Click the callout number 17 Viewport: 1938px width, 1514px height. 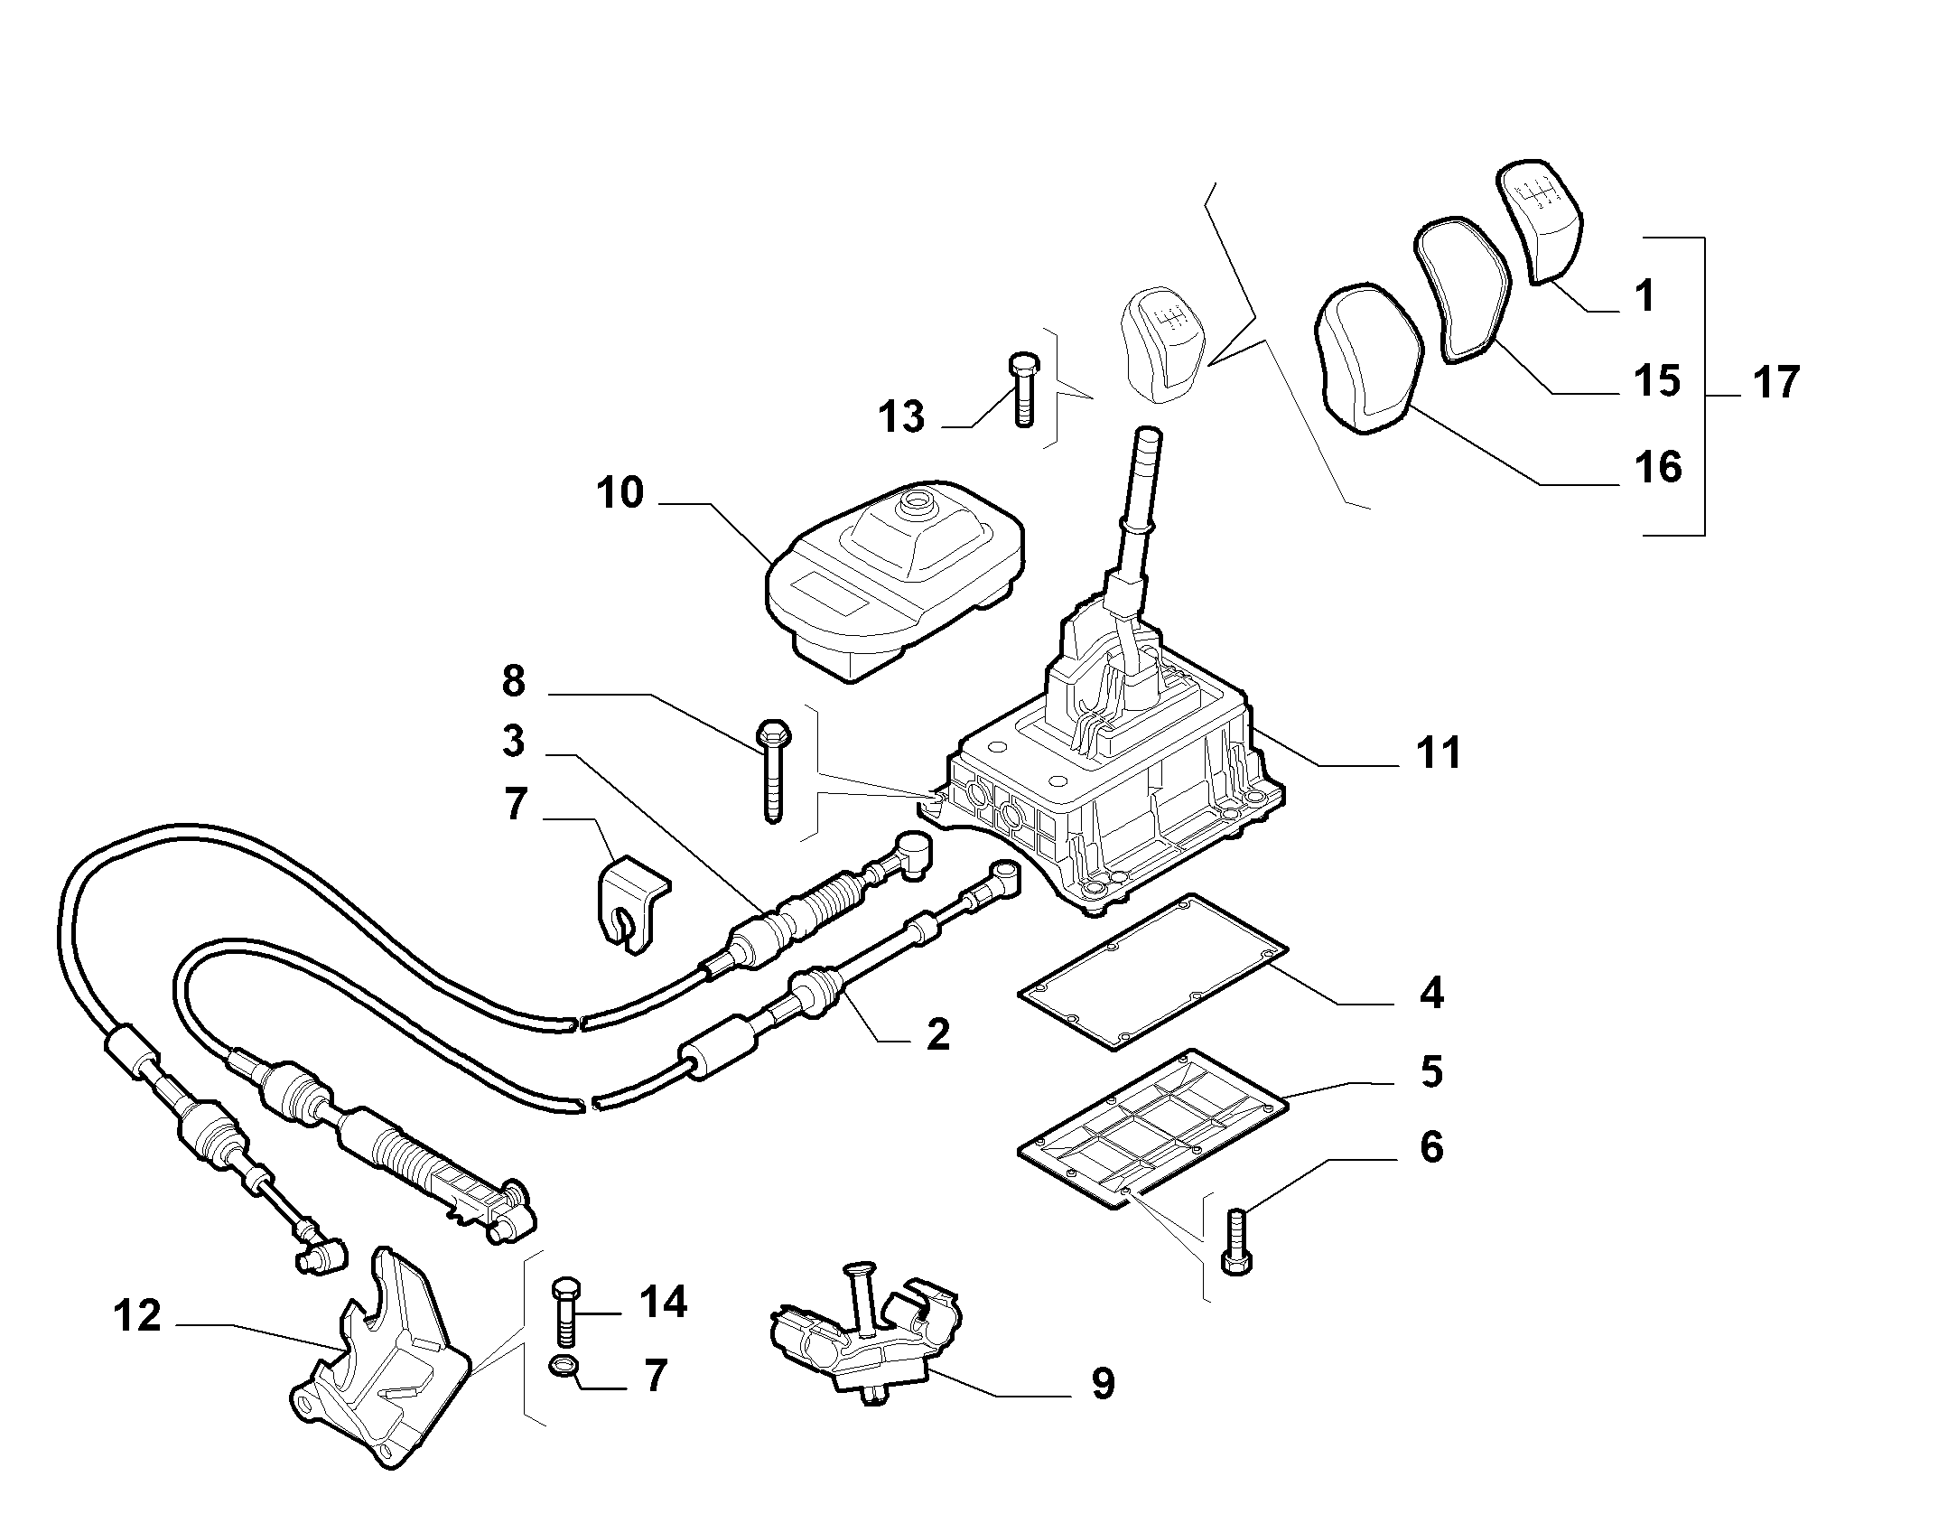click(x=1776, y=382)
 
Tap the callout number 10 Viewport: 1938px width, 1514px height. click(x=620, y=493)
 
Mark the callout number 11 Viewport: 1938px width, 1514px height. click(x=1438, y=752)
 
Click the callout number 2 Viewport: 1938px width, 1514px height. click(x=938, y=1033)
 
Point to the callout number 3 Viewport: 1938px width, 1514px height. click(x=513, y=742)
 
